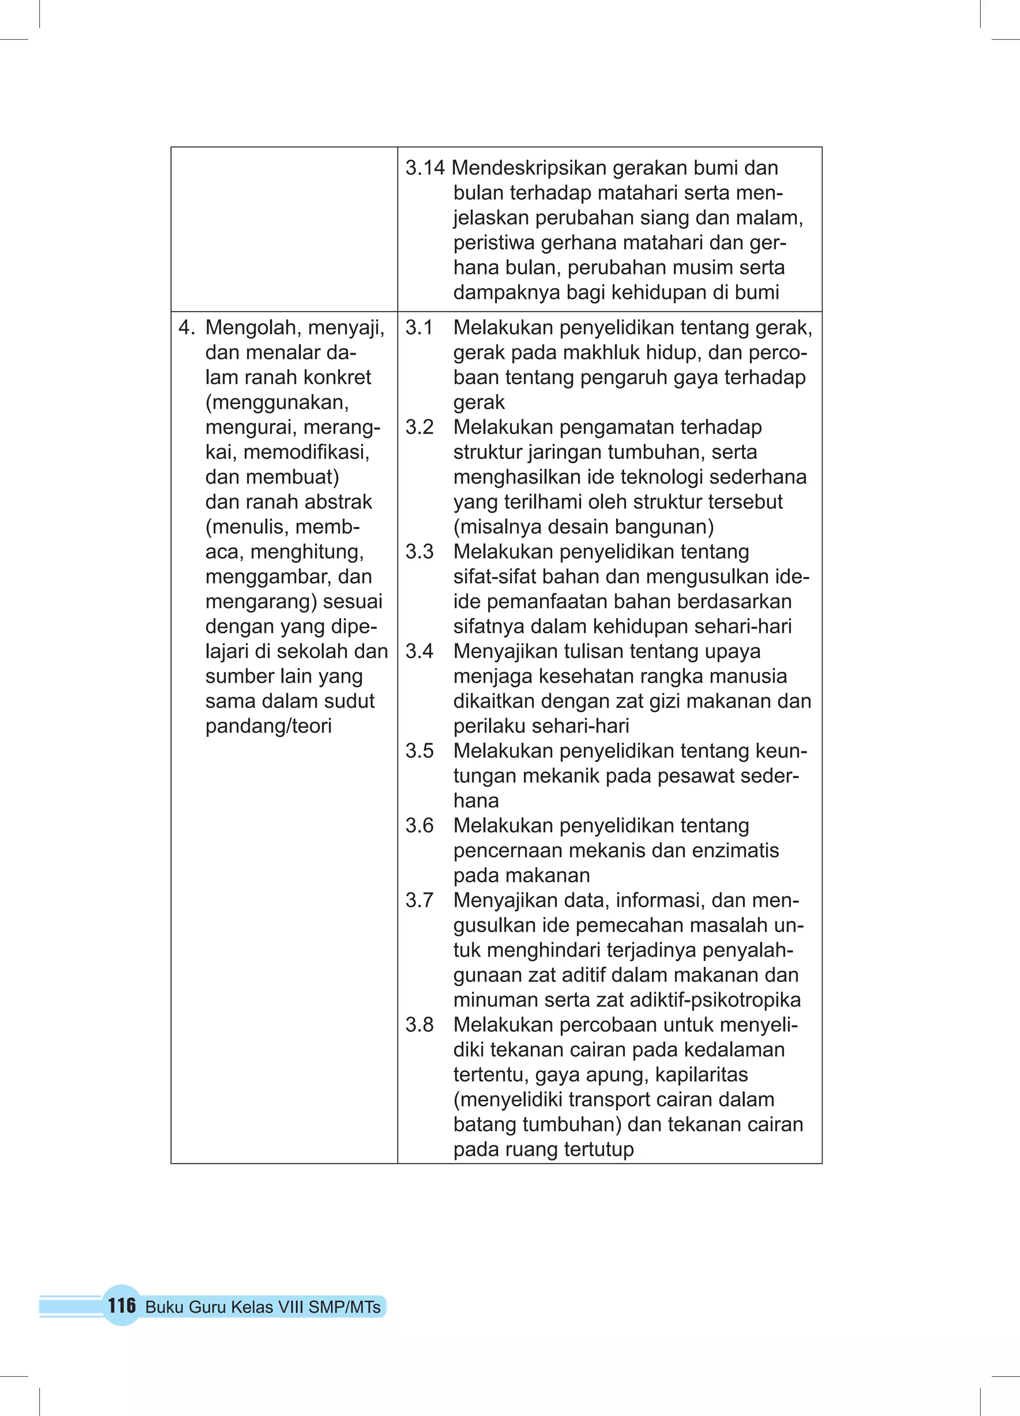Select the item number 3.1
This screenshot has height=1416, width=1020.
pyautogui.click(x=419, y=328)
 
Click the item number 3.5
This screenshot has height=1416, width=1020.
pyautogui.click(x=419, y=750)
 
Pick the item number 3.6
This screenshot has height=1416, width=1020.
pyautogui.click(x=419, y=826)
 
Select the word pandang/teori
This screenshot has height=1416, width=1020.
pyautogui.click(x=268, y=726)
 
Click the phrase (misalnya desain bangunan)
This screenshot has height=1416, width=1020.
pyautogui.click(x=583, y=527)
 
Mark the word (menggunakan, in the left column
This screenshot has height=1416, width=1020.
pyautogui.click(x=276, y=403)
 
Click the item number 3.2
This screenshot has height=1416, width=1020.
pyautogui.click(x=419, y=427)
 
